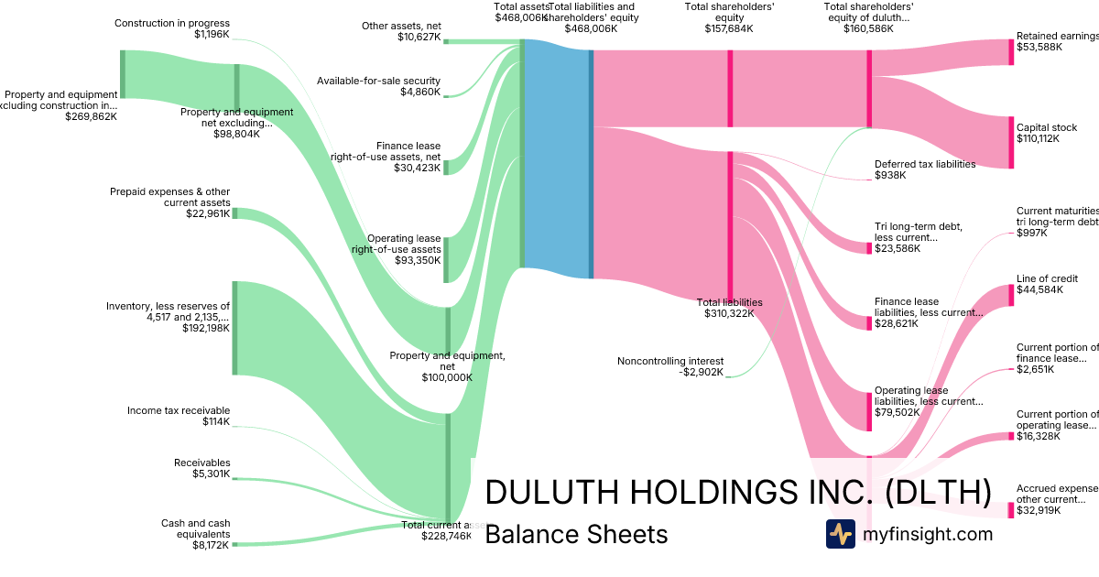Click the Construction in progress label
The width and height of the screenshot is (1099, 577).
tap(172, 23)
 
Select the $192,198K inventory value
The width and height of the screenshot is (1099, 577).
tap(206, 328)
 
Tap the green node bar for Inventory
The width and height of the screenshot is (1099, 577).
tap(234, 328)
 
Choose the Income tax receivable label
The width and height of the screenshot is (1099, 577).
tap(179, 410)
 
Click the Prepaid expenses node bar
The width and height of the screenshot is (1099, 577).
tap(234, 213)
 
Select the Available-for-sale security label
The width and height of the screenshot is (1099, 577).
tap(378, 81)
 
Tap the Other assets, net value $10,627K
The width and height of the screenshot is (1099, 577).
tap(419, 38)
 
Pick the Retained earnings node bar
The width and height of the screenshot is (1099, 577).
tap(1011, 52)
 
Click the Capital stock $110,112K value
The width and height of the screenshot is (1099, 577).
tap(1038, 139)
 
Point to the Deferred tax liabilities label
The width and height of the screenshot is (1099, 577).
tap(925, 164)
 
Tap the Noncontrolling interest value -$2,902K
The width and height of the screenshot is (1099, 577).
tap(700, 372)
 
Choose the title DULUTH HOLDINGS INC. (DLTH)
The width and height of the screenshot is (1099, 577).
tap(737, 492)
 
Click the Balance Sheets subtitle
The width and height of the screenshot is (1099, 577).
tap(576, 534)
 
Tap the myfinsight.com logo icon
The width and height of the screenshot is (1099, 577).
tap(840, 534)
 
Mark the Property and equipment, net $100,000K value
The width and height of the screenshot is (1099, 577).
tap(446, 377)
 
